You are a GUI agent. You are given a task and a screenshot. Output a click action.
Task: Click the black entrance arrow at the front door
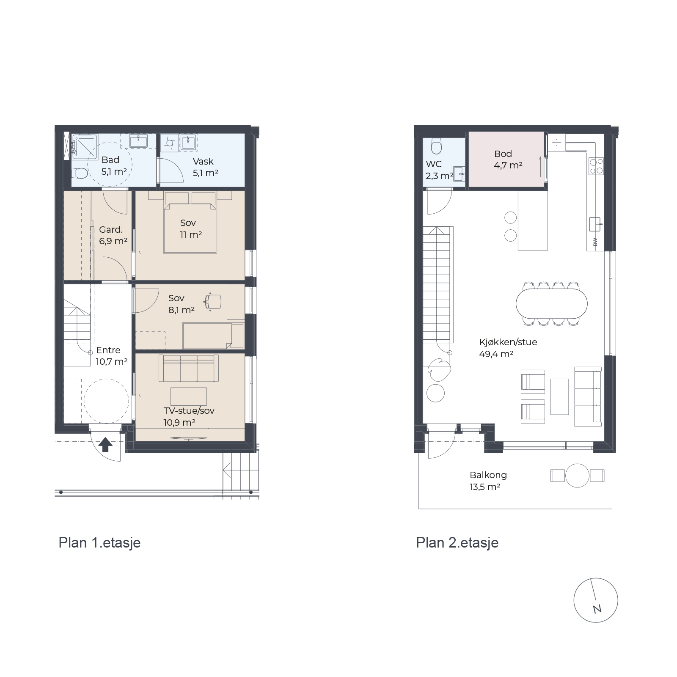105,445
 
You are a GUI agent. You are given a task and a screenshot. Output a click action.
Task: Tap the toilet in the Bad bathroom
80,173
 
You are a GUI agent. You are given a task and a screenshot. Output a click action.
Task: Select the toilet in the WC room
436,146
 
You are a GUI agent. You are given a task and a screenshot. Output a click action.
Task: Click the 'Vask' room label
203,161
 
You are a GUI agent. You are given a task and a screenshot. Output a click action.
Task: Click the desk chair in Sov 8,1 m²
214,301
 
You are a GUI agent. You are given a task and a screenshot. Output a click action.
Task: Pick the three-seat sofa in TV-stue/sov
189,369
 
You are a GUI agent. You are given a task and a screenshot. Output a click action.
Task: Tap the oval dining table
552,303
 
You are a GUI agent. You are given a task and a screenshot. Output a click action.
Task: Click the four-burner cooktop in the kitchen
596,166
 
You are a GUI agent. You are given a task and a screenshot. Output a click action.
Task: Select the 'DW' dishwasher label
595,242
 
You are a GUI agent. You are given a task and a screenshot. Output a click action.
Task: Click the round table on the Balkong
577,476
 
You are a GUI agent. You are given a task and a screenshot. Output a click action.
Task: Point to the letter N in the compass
597,609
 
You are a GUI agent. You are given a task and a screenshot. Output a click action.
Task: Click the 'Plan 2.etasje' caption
457,543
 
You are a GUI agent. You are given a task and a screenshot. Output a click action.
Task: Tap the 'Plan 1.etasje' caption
99,543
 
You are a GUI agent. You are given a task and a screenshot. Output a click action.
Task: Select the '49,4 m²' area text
496,354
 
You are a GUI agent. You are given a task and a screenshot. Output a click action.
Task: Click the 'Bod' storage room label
503,154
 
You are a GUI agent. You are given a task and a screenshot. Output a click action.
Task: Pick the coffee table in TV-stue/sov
189,396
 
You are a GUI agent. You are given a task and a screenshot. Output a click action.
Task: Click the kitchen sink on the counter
595,224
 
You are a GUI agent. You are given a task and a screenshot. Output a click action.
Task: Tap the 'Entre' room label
108,350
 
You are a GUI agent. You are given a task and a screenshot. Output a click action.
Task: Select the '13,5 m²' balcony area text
485,487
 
